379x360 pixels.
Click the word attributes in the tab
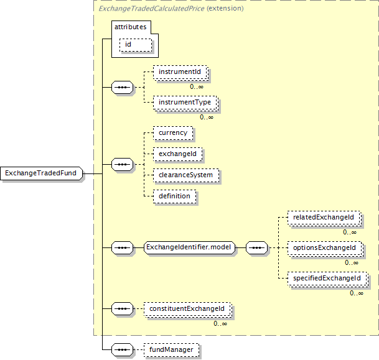(130, 28)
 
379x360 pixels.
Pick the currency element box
(172, 133)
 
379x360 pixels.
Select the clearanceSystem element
(185, 175)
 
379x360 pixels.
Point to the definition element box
(174, 196)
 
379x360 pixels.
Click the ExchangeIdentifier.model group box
(188, 247)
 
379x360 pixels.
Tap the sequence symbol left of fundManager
(122, 349)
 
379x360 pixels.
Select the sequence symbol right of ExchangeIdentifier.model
(257, 247)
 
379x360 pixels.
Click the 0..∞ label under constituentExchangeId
(220, 323)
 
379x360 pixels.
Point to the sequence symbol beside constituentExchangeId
(122, 308)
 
